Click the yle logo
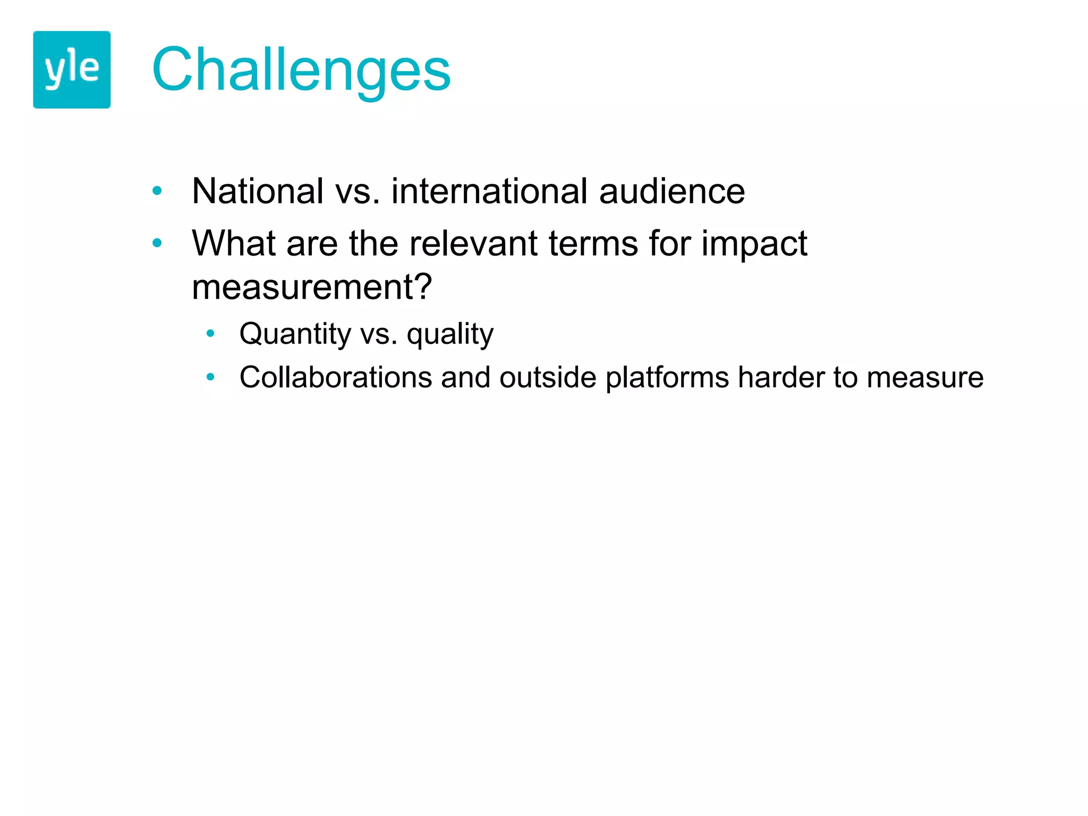72,70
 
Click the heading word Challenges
301,70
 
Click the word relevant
473,243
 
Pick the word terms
593,243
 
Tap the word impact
754,244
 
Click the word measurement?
312,287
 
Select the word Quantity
295,334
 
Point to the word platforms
667,378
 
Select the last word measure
925,378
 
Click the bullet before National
157,191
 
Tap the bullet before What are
157,243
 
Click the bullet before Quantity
210,334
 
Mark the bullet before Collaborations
210,377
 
